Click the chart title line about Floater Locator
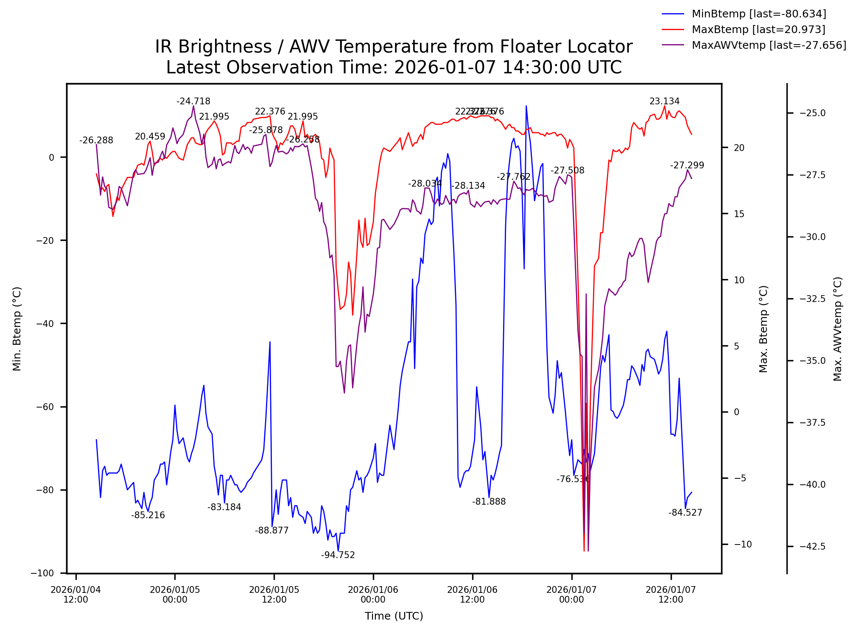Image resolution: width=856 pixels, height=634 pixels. (394, 47)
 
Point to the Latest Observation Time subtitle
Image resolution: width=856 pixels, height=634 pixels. (394, 67)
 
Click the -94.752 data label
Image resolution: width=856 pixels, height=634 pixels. (338, 555)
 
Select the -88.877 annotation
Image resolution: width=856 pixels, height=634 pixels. (272, 531)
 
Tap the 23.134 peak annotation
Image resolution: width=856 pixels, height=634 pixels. (665, 101)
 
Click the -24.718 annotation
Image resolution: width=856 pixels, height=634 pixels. (193, 101)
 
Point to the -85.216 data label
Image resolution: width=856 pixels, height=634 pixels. (148, 515)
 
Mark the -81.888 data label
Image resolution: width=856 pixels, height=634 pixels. (489, 502)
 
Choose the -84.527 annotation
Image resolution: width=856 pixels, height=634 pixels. (685, 513)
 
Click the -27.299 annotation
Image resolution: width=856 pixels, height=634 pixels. (687, 165)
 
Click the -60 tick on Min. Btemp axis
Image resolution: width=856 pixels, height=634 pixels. (45, 407)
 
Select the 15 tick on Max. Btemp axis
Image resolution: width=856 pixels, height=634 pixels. (739, 214)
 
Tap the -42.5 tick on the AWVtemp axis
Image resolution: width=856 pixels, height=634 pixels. (812, 546)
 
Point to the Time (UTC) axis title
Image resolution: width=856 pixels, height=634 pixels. (394, 616)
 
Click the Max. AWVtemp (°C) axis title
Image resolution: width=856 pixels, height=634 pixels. (837, 329)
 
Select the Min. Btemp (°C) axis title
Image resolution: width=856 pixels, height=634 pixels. (17, 329)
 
